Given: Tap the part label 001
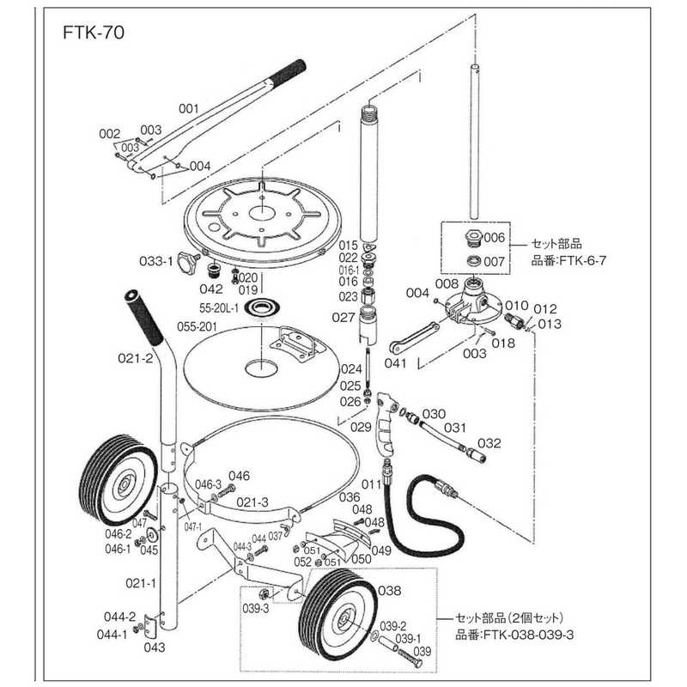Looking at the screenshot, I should click(188, 109).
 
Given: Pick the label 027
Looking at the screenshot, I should click(343, 317).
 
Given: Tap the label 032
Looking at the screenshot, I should click(488, 444).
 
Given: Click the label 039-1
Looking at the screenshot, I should click(408, 639).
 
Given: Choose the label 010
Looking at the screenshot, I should click(515, 305).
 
